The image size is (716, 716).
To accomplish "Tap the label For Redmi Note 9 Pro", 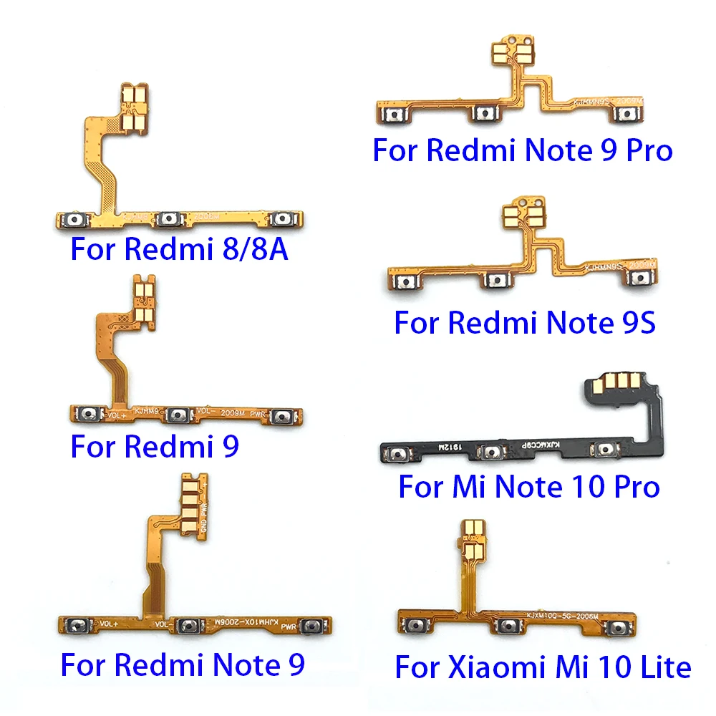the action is [x=523, y=150].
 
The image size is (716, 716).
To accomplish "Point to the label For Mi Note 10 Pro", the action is [x=528, y=487].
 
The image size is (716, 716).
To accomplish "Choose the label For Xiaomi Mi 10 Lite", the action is [x=543, y=667].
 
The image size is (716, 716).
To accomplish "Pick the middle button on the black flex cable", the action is [x=492, y=453].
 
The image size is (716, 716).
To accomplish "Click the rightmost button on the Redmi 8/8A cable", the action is [x=284, y=219].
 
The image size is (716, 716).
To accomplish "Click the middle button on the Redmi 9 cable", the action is [x=176, y=415].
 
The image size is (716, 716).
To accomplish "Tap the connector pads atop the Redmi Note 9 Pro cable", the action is [x=507, y=56].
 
